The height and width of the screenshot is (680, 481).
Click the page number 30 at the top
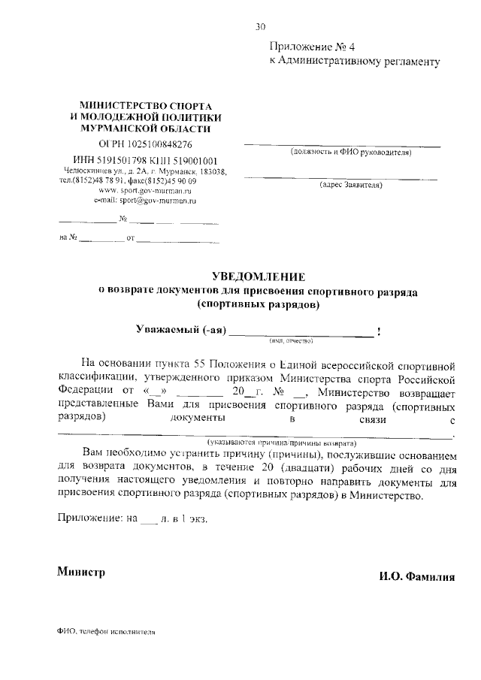coord(260,27)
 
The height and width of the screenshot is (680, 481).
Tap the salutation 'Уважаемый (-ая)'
coord(180,330)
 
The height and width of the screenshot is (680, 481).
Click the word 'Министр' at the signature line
coord(81,572)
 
